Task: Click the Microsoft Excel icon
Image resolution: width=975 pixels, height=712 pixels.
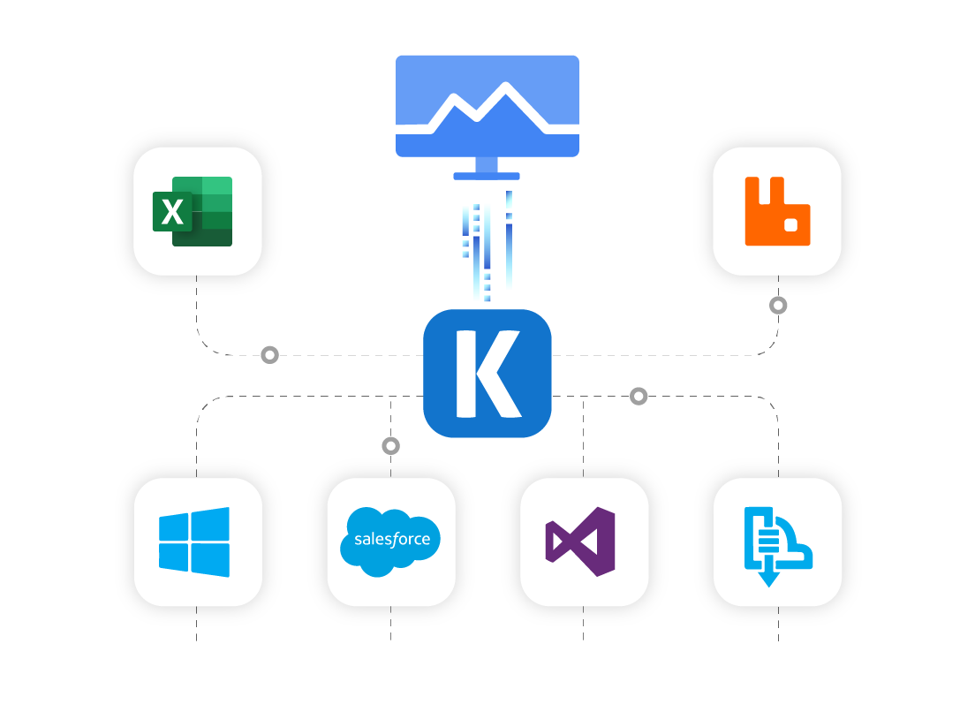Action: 193,211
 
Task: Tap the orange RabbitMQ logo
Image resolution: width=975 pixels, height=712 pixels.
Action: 777,211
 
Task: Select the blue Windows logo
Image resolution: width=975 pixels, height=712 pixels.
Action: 194,542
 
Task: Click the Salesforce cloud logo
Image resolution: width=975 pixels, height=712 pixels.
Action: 390,542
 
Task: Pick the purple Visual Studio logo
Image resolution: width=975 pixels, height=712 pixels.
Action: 580,542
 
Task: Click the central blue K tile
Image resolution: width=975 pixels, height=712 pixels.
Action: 487,374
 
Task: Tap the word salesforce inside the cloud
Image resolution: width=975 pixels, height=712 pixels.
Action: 391,539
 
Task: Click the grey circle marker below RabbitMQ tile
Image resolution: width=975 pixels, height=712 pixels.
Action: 778,306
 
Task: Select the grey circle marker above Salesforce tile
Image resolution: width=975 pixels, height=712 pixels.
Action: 390,446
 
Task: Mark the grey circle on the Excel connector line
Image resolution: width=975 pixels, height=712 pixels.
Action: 270,355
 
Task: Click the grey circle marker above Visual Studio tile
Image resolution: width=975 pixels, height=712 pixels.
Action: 639,397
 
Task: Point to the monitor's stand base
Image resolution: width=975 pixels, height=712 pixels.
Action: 487,176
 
